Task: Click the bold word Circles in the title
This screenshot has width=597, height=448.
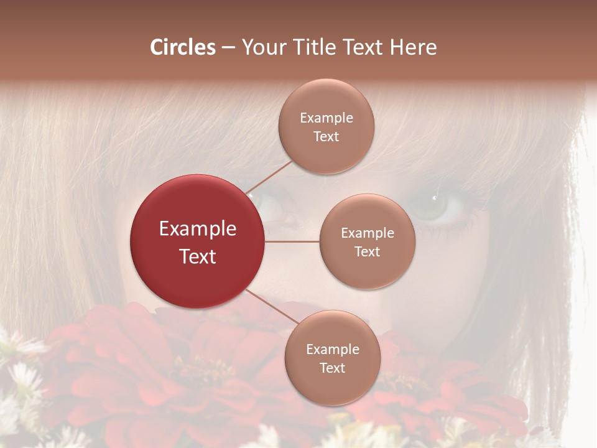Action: point(183,47)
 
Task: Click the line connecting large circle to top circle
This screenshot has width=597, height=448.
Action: point(269,177)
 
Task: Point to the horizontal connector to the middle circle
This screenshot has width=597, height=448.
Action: point(292,241)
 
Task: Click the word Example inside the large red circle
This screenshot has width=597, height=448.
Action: point(198,229)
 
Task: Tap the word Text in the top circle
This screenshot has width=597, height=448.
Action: point(326,136)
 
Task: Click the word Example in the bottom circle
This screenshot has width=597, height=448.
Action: point(332,349)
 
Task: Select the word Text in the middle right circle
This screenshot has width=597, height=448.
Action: point(368,251)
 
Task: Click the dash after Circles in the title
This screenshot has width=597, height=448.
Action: point(228,47)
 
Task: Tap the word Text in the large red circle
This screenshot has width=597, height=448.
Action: point(198,256)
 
